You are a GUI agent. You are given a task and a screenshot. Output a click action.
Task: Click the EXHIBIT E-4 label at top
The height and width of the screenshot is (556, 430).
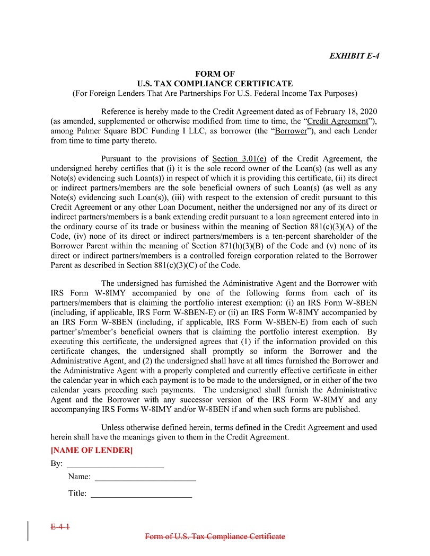pos(354,56)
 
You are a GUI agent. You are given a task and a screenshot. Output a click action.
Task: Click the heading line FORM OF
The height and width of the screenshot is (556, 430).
pos(215,74)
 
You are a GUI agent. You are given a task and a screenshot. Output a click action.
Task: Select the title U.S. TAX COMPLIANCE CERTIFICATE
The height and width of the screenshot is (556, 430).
pos(215,84)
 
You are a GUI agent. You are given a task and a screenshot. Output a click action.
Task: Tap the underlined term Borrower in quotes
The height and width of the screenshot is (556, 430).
pos(291,131)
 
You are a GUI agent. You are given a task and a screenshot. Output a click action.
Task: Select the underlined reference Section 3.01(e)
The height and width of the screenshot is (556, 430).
pos(239,158)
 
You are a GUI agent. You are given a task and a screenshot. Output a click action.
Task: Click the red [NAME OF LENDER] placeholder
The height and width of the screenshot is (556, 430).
pos(91,450)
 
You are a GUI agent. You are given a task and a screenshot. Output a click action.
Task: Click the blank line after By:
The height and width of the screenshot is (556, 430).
pos(115,464)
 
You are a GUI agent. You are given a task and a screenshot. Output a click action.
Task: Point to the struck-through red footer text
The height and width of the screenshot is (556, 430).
pos(215,536)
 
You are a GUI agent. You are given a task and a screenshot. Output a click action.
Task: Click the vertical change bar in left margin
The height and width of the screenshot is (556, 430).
pos(28,531)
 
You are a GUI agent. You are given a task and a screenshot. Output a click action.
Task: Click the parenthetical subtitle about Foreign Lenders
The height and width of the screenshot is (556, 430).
pos(215,94)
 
